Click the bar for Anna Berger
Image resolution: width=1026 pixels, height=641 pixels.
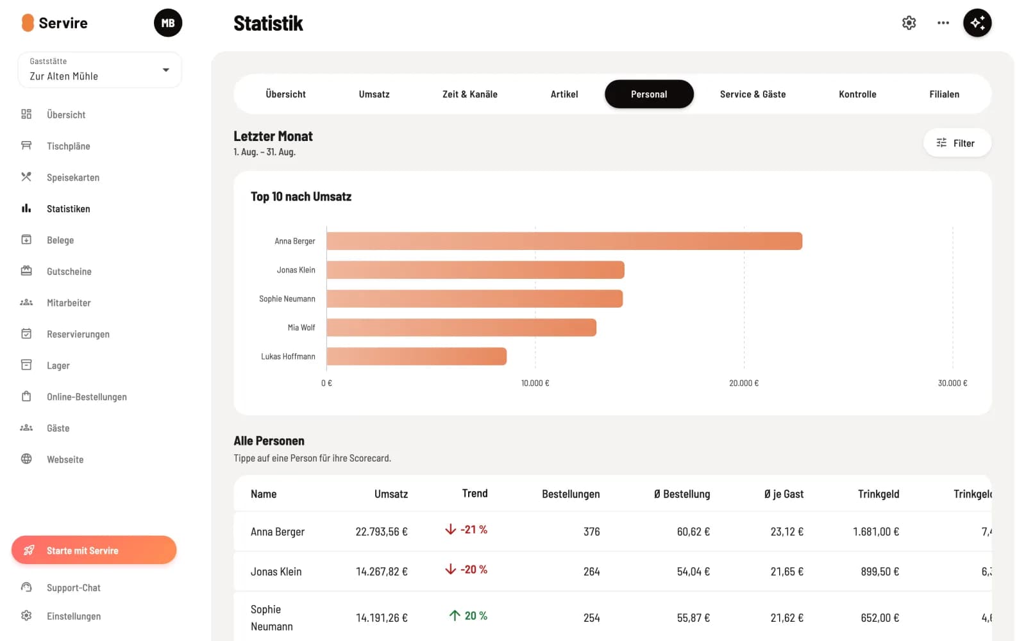pyautogui.click(x=564, y=241)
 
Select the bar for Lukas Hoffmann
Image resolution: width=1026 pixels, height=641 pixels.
pyautogui.click(x=416, y=356)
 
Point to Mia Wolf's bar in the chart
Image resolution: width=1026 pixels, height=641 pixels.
pyautogui.click(x=461, y=328)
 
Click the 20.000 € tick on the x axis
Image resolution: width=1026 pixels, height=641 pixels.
pyautogui.click(x=744, y=383)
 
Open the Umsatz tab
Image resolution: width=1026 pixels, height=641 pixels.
pyautogui.click(x=374, y=94)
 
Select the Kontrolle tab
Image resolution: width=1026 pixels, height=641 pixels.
pyautogui.click(x=857, y=94)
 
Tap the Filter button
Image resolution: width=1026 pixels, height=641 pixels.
pyautogui.click(x=957, y=143)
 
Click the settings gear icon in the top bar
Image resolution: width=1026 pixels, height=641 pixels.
pyautogui.click(x=909, y=23)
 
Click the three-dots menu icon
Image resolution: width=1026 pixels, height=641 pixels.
pyautogui.click(x=943, y=23)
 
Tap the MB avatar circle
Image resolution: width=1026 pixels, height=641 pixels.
pyautogui.click(x=167, y=23)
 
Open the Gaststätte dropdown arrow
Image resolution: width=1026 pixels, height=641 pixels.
pyautogui.click(x=166, y=70)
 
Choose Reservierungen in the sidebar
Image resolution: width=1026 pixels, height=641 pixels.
pyautogui.click(x=78, y=334)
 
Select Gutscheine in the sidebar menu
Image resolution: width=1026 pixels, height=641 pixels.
pyautogui.click(x=69, y=271)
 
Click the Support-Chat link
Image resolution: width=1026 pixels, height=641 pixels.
pyautogui.click(x=73, y=587)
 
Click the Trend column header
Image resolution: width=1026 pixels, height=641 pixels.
pyautogui.click(x=475, y=493)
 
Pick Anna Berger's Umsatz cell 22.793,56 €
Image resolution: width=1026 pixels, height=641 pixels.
pyautogui.click(x=382, y=531)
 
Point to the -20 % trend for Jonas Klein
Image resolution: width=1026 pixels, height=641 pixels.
pyautogui.click(x=466, y=569)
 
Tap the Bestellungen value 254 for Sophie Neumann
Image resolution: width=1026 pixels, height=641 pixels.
pyautogui.click(x=591, y=618)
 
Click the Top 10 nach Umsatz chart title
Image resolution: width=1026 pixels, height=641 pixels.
pyautogui.click(x=301, y=196)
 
